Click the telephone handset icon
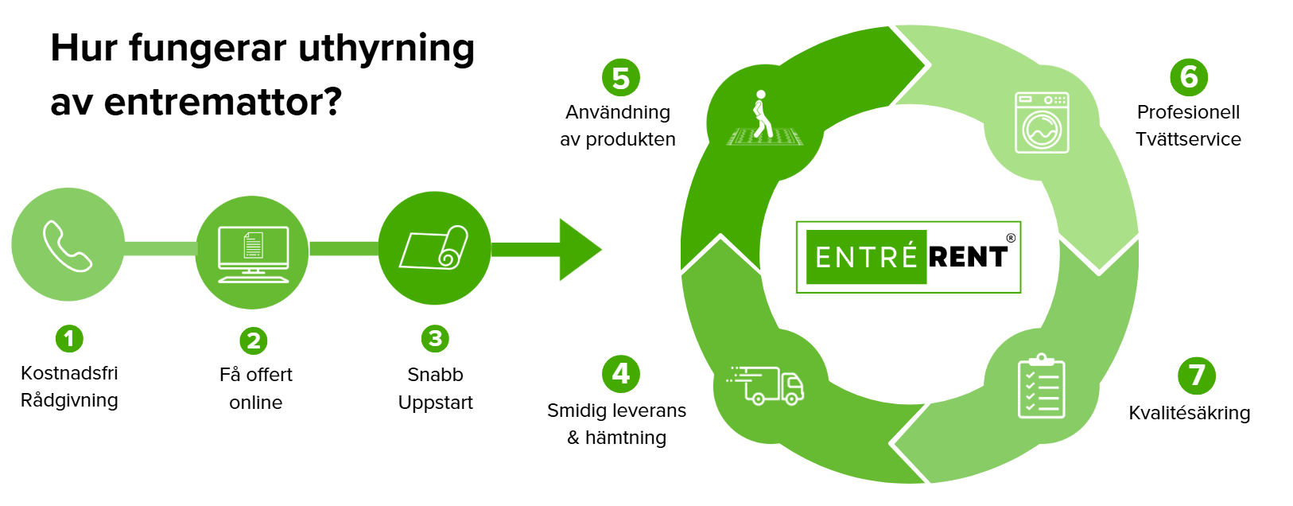[68, 247]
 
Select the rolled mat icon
[434, 248]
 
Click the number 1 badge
[69, 339]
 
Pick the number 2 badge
[254, 341]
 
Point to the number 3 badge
[435, 339]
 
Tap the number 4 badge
[621, 373]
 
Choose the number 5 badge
[621, 78]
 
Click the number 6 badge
[1189, 77]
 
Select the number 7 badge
[1196, 376]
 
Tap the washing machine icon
[1042, 123]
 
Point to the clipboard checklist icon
[1042, 387]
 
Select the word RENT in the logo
[968, 257]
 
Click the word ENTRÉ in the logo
[867, 257]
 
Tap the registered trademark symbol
[1011, 238]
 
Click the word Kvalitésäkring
[1190, 413]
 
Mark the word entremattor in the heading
[212, 102]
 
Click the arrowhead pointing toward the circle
[579, 249]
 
